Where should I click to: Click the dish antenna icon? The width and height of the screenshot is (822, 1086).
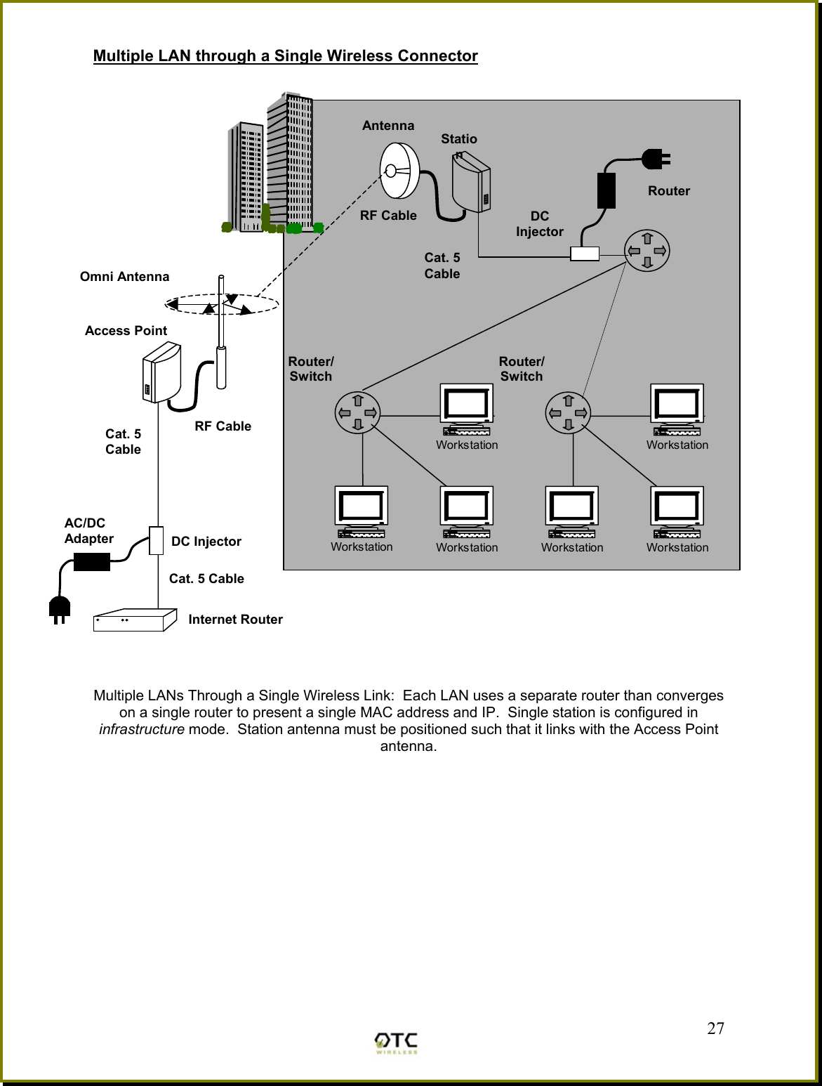[x=399, y=171]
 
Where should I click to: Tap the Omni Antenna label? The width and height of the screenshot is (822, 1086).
[x=124, y=277]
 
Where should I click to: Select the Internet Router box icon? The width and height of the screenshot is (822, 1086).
[x=135, y=621]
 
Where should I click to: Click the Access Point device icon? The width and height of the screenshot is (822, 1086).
[x=161, y=372]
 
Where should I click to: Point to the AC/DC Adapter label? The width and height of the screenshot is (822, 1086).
[x=88, y=531]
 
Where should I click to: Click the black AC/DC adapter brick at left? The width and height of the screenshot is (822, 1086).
[x=92, y=561]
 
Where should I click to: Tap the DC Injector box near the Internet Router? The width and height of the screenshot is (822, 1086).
[x=156, y=540]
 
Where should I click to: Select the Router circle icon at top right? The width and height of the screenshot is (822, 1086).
[x=647, y=251]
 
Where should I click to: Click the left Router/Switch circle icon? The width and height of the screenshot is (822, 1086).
[x=357, y=412]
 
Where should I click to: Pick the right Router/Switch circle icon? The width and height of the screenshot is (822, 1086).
[x=568, y=412]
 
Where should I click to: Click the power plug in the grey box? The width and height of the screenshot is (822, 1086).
[x=656, y=159]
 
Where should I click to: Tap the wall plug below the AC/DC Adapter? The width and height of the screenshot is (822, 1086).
[x=60, y=608]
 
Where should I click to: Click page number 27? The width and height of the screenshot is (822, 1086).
[x=715, y=1028]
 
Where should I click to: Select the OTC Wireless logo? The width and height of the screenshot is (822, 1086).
[x=397, y=1042]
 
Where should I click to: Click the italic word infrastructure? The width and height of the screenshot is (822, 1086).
[x=142, y=729]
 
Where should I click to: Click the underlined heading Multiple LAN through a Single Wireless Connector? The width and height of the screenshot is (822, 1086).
[x=285, y=56]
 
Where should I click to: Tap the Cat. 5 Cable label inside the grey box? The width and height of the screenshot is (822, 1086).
[x=442, y=266]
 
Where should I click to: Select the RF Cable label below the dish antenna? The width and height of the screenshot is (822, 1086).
[x=388, y=216]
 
